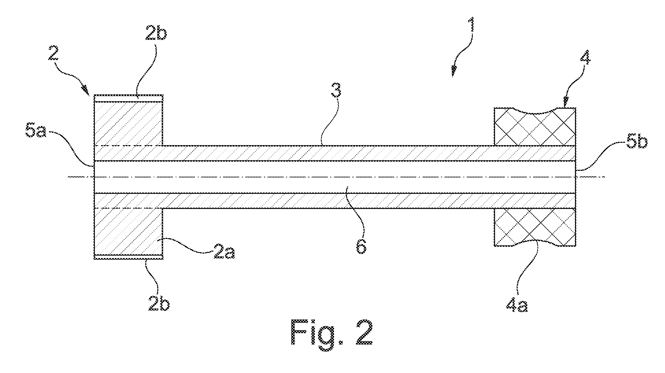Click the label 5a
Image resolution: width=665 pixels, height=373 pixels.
36,132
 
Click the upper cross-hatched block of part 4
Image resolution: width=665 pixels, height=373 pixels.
534,127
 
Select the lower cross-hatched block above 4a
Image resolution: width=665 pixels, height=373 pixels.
534,227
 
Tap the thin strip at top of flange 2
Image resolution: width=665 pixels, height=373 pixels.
128,98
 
